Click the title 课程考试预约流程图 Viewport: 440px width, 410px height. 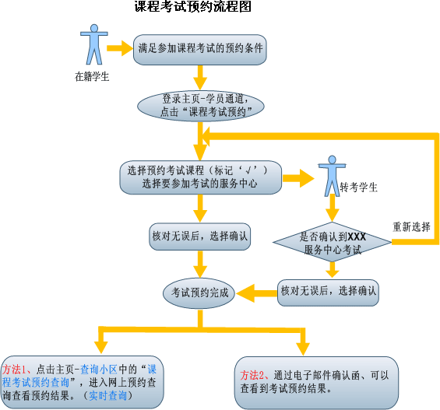tap(193, 6)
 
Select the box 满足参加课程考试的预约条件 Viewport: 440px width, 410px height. tap(200, 50)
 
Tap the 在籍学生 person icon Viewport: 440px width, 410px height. tap(94, 44)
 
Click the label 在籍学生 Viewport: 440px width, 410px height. tap(92, 76)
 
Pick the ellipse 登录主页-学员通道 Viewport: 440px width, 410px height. tap(201, 106)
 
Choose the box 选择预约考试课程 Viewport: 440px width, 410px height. tap(201, 177)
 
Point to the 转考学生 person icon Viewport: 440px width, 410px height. tap(332, 176)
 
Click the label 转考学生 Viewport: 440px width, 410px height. tap(359, 187)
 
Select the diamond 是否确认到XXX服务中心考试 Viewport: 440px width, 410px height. tap(333, 242)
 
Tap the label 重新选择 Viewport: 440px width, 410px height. tap(411, 226)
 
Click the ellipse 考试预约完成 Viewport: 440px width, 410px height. tap(199, 293)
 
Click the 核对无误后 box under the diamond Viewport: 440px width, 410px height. tap(328, 293)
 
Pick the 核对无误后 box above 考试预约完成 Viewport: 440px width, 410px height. tap(200, 237)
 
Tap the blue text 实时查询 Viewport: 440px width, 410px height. tap(107, 395)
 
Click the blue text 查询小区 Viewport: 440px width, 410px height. tap(99, 370)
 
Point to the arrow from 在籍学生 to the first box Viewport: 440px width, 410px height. tap(120, 48)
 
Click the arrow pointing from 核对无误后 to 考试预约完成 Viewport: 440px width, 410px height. tap(256, 293)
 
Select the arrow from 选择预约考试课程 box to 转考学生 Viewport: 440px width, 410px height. tap(298, 178)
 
